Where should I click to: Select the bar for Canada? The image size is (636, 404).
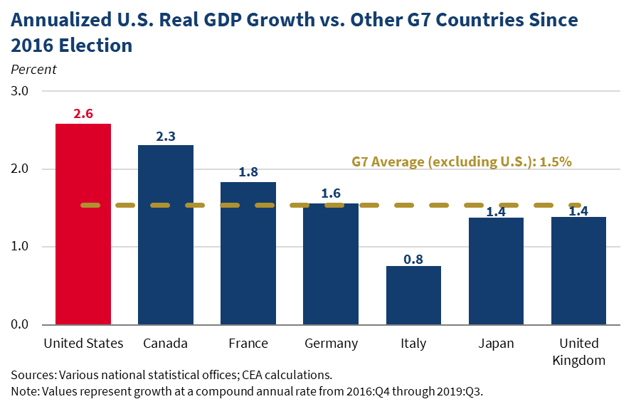166,235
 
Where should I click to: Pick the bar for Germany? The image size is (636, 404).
331,264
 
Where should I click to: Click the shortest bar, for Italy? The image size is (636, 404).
413,295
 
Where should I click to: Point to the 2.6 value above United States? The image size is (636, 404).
83,114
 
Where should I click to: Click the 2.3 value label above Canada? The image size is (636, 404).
166,135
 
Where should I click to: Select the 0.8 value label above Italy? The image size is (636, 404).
413,259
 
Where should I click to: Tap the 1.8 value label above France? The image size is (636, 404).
248,173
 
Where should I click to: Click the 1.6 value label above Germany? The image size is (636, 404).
331,193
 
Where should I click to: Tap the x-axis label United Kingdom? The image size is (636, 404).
578,351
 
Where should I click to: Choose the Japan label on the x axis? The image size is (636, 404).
496,344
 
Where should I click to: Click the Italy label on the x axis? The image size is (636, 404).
413,344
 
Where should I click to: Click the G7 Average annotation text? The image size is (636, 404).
462,161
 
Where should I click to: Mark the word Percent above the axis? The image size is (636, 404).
33,70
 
